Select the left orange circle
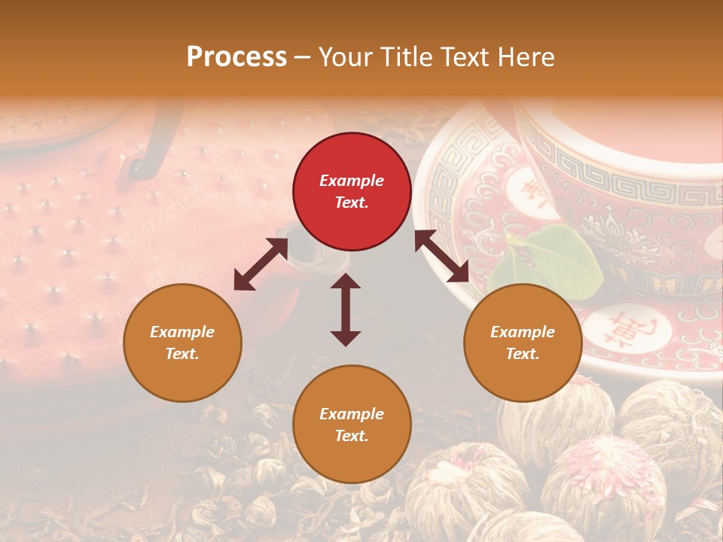pos(182,343)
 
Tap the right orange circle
pos(523,343)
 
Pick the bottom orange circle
pos(352,425)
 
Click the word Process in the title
pos(236,57)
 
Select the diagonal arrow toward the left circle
pos(261,264)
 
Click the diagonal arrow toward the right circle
pos(441,257)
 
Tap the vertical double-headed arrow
pos(346,309)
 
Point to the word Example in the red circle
pos(352,181)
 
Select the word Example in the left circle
pos(182,332)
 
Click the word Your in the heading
pos(340,57)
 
